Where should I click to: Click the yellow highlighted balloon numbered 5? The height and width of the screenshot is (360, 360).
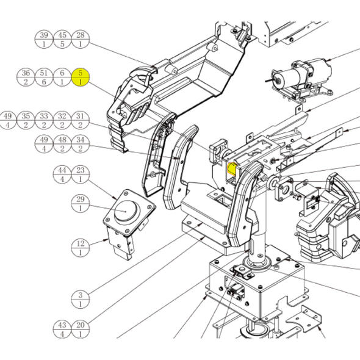(x=81, y=77)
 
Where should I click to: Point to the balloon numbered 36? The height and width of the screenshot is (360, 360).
(x=26, y=77)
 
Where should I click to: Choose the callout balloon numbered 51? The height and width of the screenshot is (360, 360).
(x=44, y=77)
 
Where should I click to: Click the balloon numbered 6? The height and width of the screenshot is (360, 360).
(x=62, y=77)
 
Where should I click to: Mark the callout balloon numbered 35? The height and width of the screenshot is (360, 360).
(x=26, y=120)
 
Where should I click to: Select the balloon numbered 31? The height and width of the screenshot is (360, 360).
(x=81, y=120)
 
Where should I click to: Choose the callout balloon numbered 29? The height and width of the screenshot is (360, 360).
(x=81, y=203)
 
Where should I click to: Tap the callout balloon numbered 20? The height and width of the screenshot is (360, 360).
(x=81, y=329)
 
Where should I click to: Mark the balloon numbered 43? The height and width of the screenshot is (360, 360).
(x=62, y=329)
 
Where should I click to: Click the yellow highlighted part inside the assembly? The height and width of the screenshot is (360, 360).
(x=231, y=168)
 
